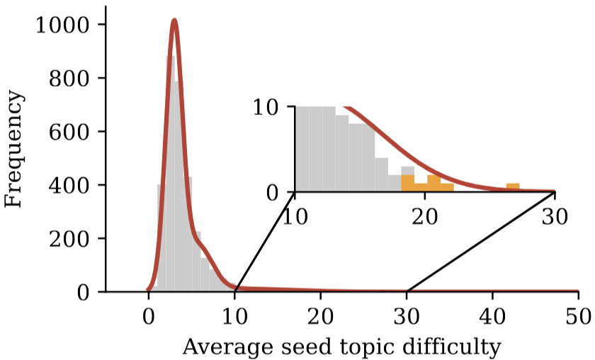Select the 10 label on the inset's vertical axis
[x=268, y=108]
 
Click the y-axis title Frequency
[x=13, y=149]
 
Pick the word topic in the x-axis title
[x=371, y=348]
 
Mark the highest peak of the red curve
[x=174, y=21]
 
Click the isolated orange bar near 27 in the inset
[x=513, y=188]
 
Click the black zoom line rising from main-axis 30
[x=482, y=241]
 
